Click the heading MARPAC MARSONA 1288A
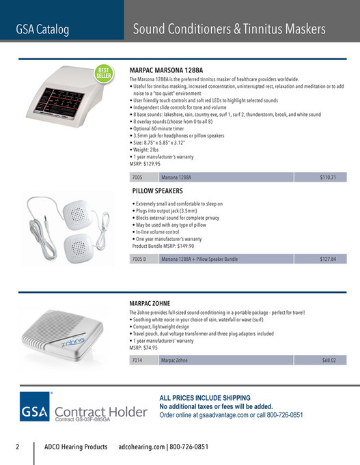point(166,70)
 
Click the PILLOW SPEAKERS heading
point(157,191)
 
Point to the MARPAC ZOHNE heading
point(150,302)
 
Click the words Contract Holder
point(100,412)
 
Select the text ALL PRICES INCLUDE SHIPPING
point(205,397)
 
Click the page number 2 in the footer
point(18,447)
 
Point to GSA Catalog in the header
point(42,29)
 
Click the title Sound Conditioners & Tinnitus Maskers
point(229,29)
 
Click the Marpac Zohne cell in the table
point(174,360)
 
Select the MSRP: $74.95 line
point(148,347)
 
